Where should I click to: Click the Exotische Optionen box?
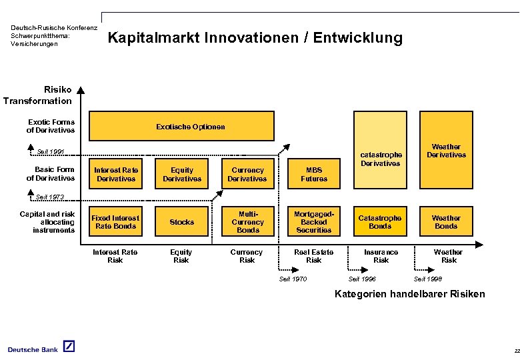[181, 126]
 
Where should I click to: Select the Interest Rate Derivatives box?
[116, 175]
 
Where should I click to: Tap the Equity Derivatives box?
[182, 175]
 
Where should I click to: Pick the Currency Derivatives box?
[247, 175]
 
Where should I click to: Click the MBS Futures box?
[314, 175]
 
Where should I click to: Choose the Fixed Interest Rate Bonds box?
[116, 222]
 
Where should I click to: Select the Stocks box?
[182, 222]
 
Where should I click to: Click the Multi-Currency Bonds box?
[247, 222]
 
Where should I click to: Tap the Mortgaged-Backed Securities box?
[314, 222]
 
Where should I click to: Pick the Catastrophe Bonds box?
[380, 222]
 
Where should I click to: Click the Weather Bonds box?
[446, 222]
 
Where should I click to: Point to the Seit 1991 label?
[51, 152]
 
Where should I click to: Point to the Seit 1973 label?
[51, 197]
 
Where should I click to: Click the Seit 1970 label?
[293, 279]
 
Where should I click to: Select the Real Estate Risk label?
[314, 256]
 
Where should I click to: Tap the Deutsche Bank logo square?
[69, 347]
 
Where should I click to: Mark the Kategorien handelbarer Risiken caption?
[409, 294]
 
